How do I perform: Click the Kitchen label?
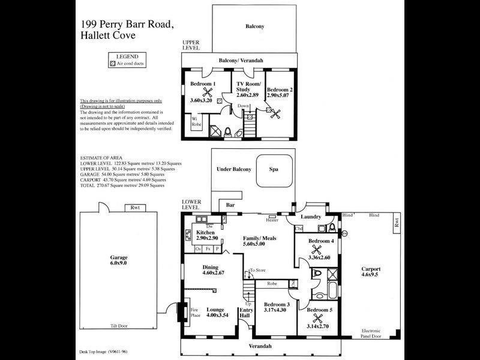206,232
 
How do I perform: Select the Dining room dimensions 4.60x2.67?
205,274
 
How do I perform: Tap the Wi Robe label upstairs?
195,122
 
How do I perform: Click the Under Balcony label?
233,170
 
